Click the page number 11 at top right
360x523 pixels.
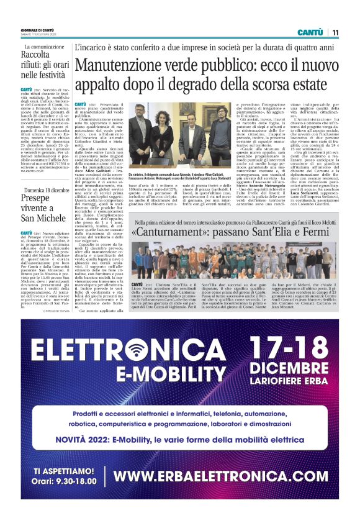[335, 32]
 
